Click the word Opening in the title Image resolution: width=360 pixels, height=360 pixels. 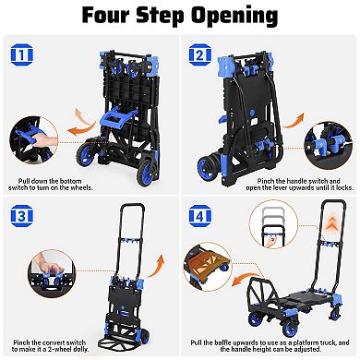coord(226,16)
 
